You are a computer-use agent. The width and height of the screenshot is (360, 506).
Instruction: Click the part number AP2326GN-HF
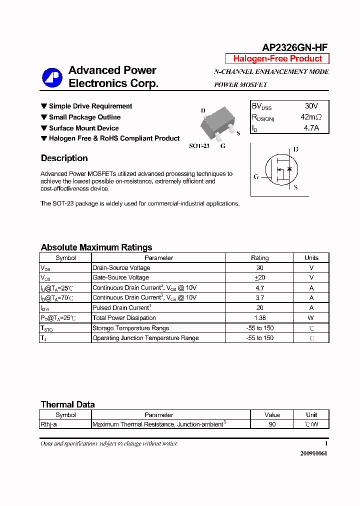pyautogui.click(x=295, y=47)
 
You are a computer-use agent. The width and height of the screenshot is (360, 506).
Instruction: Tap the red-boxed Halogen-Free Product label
pyautogui.click(x=277, y=58)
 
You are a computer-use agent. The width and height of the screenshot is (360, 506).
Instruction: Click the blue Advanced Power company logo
pyautogui.click(x=52, y=77)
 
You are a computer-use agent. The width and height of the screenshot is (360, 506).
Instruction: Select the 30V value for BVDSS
pyautogui.click(x=311, y=106)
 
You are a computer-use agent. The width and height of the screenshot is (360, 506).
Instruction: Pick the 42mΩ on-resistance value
pyautogui.click(x=311, y=117)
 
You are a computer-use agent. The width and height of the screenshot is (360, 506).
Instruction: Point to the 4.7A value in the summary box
pyautogui.click(x=311, y=128)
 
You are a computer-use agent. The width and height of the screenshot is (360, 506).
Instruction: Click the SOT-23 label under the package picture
pyautogui.click(x=199, y=146)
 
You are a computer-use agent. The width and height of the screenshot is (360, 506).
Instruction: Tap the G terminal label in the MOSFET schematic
pyautogui.click(x=256, y=176)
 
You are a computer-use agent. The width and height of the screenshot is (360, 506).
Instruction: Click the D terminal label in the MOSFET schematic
pyautogui.click(x=296, y=149)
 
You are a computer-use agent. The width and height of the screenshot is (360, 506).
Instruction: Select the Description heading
pyautogui.click(x=64, y=158)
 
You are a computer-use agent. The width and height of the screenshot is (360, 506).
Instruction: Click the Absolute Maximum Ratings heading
pyautogui.click(x=96, y=247)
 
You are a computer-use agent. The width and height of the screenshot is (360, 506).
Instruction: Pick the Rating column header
pyautogui.click(x=259, y=258)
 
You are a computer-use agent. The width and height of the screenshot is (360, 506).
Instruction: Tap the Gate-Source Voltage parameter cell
pyautogui.click(x=120, y=277)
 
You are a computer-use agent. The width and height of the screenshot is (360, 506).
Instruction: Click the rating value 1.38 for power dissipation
pyautogui.click(x=259, y=318)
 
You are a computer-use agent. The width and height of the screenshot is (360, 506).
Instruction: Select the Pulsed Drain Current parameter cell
pyautogui.click(x=121, y=308)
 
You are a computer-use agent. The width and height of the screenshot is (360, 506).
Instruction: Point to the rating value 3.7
pyautogui.click(x=259, y=297)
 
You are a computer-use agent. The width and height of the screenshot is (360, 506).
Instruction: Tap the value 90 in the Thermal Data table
pyautogui.click(x=272, y=424)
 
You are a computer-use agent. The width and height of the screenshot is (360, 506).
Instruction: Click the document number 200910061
pyautogui.click(x=313, y=453)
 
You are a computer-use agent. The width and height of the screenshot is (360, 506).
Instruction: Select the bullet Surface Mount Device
pyautogui.click(x=83, y=128)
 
